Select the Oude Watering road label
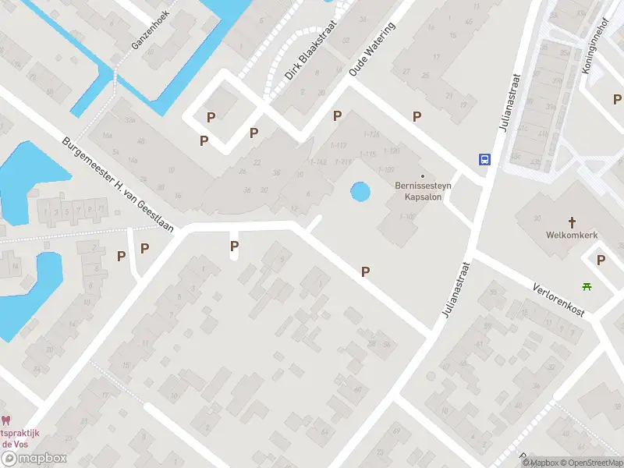click(x=372, y=48)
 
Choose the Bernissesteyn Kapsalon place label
click(x=423, y=191)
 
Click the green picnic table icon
click(x=587, y=286)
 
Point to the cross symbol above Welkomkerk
click(x=571, y=222)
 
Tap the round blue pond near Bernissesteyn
click(x=360, y=191)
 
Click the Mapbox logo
click(x=33, y=459)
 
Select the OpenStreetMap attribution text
click(x=591, y=463)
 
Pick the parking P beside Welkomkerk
click(x=601, y=261)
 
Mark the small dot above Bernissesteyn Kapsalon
click(x=423, y=175)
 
